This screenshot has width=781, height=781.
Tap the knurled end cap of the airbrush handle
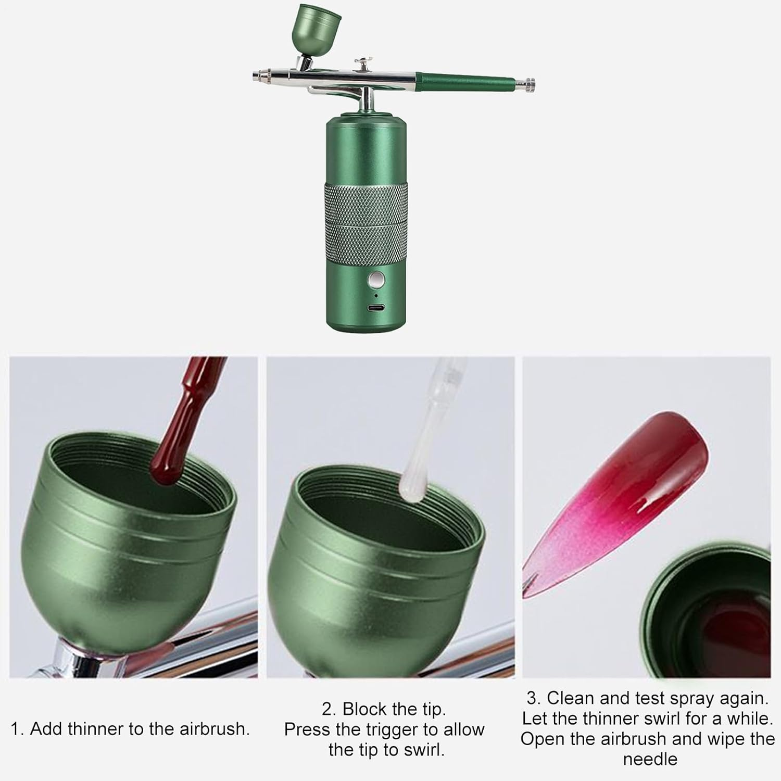(x=529, y=82)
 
